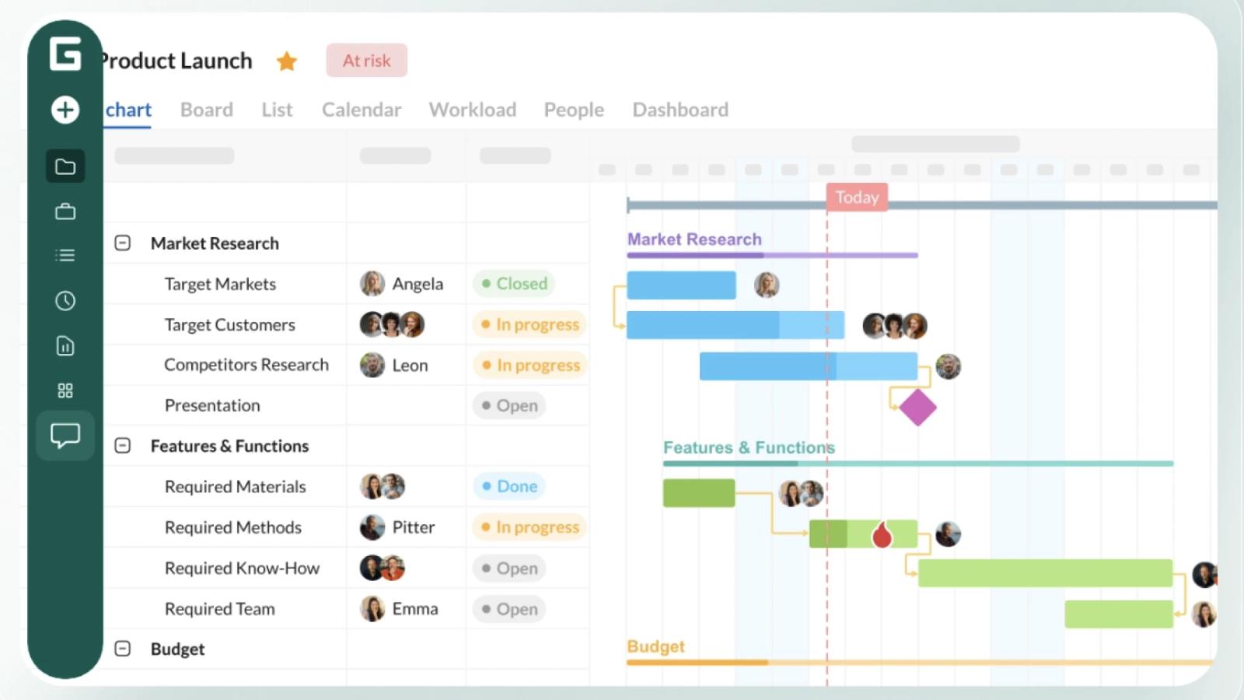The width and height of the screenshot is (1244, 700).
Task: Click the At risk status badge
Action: click(x=366, y=60)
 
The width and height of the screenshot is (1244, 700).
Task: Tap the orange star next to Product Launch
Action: click(x=287, y=61)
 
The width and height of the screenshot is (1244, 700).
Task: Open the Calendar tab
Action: click(x=362, y=110)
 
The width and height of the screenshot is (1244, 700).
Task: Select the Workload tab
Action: click(x=473, y=110)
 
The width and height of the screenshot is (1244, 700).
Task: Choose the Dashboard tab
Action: click(x=680, y=110)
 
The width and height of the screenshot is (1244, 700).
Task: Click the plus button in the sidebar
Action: click(x=65, y=110)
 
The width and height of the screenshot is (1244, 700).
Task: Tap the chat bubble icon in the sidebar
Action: click(x=65, y=436)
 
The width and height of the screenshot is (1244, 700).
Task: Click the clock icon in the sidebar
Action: click(x=65, y=300)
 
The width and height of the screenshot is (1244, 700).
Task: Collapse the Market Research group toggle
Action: click(x=123, y=243)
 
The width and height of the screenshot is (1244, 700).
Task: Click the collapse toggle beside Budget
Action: click(x=123, y=649)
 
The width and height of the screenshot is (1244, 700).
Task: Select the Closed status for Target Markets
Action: click(x=514, y=283)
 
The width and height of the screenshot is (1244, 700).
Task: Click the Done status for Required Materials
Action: click(x=509, y=486)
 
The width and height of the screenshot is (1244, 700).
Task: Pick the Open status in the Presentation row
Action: click(x=509, y=405)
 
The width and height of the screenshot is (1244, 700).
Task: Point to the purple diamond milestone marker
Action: click(x=917, y=408)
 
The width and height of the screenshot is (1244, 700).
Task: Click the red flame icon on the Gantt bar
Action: click(x=882, y=534)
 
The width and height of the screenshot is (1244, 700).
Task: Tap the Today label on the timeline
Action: click(x=857, y=198)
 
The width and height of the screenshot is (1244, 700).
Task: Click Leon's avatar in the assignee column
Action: click(x=372, y=365)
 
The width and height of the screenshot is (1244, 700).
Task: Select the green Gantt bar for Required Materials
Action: click(x=699, y=493)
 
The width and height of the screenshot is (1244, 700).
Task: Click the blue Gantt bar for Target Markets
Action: click(x=681, y=285)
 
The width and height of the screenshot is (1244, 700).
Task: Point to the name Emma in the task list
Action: click(x=415, y=608)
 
